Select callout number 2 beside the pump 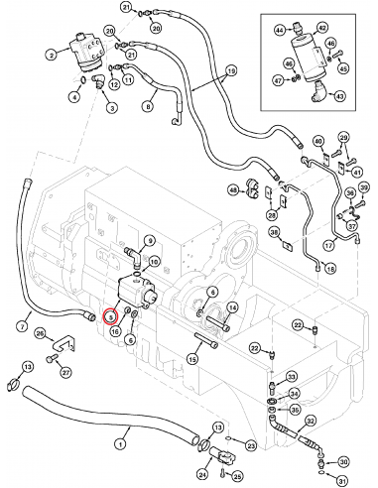coord(49,56)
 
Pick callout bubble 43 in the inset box coord(340,96)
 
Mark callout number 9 coord(151,240)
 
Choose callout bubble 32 coord(311,422)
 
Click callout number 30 coord(344,462)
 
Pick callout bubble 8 coord(149,106)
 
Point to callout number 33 coord(292,376)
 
